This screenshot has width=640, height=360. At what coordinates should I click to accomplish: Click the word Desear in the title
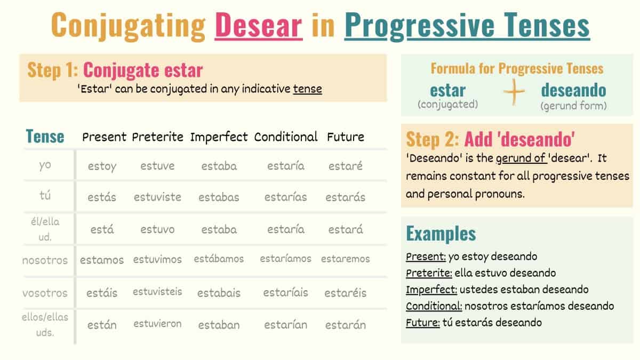coord(259,25)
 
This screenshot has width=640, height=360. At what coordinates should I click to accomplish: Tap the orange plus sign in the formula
coord(514,92)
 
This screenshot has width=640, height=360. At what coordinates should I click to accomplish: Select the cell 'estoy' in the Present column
coord(102,166)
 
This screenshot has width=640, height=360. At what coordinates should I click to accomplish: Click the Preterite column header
coord(157,137)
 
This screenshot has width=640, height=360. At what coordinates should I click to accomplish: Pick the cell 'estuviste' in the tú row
coord(157,197)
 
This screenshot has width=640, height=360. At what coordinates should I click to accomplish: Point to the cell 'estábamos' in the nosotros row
coord(219,259)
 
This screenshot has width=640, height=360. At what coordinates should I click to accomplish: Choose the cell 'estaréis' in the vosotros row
coord(346,293)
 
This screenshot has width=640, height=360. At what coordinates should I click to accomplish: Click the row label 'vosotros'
coord(45,293)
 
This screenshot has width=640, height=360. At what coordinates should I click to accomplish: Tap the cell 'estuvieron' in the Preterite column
coord(157,324)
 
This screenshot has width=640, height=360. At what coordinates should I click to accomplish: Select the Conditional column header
coord(286,137)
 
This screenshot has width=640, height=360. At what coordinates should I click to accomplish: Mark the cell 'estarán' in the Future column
coord(346,325)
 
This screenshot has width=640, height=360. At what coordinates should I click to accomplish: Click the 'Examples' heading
coord(441,234)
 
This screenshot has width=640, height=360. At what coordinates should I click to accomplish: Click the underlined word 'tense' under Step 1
coord(307,89)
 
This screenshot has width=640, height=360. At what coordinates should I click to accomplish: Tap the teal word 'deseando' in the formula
coord(573,90)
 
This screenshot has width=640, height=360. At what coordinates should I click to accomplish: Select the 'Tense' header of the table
coord(45,137)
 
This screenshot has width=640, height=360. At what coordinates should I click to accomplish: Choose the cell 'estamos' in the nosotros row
coord(102,260)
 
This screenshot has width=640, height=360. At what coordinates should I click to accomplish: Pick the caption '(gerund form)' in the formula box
coord(573,106)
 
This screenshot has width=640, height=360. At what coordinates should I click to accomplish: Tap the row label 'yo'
coord(45,165)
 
